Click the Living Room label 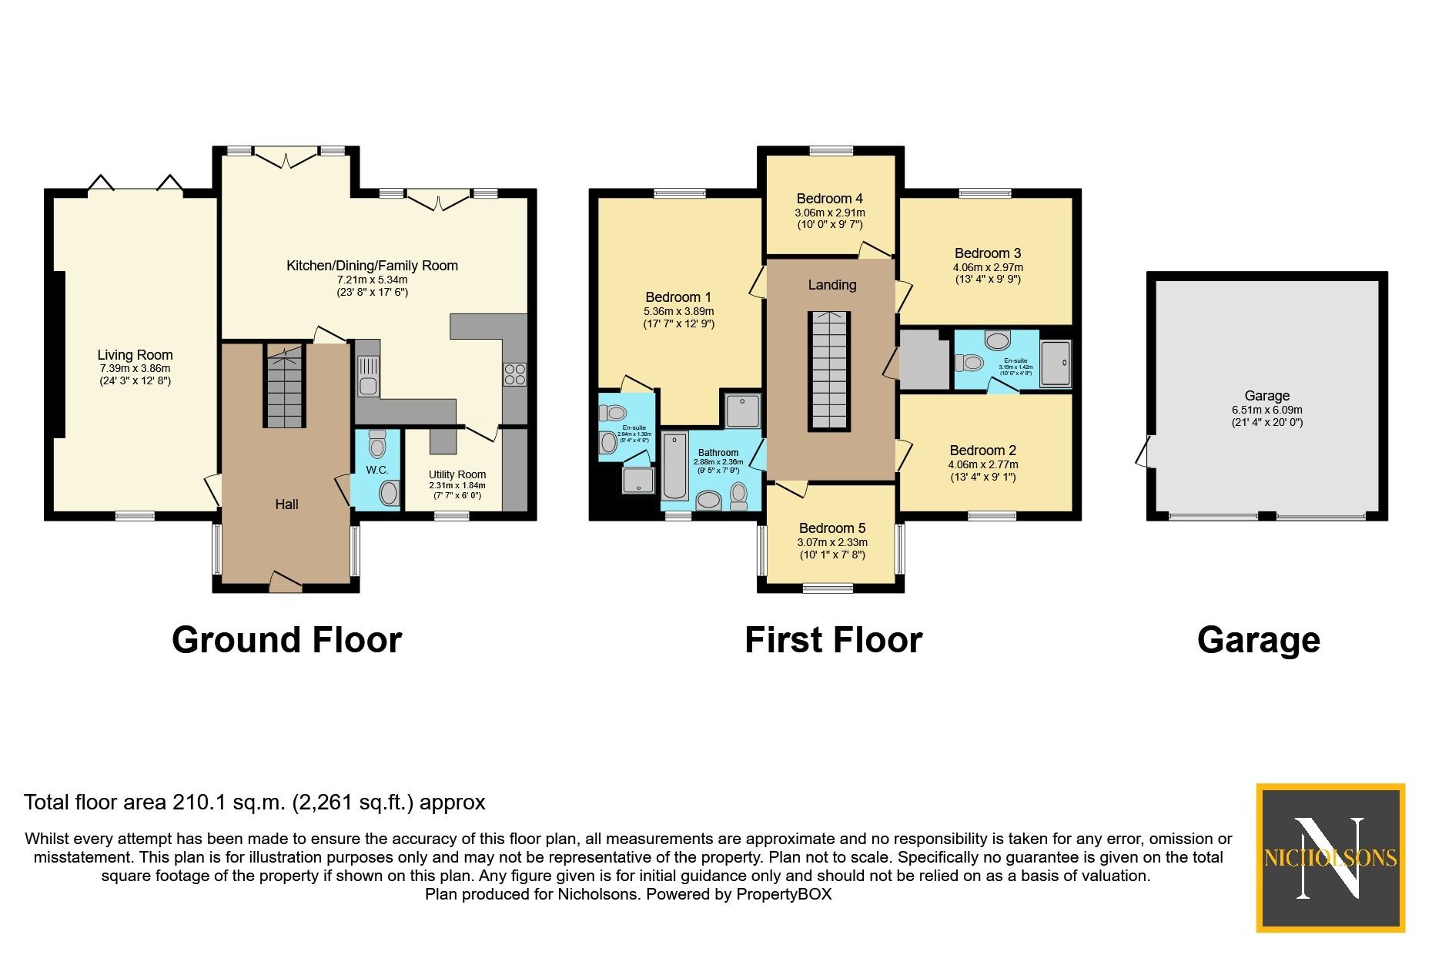pos(135,355)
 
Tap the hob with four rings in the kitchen pos(514,374)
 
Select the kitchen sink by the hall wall pos(368,376)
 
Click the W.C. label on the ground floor pos(377,470)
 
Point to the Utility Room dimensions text pos(457,491)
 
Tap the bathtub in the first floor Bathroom pos(675,466)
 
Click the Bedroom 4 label pos(829,199)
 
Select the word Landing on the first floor pos(831,285)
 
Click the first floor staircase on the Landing pos(828,370)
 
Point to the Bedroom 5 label pos(831,528)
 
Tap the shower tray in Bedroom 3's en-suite pos(1056,363)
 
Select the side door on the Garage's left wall pos(1146,451)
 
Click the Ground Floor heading pos(286,640)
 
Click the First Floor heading pos(833,640)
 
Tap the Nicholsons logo pos(1330,857)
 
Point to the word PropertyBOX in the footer pos(784,894)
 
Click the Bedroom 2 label pos(982,451)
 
